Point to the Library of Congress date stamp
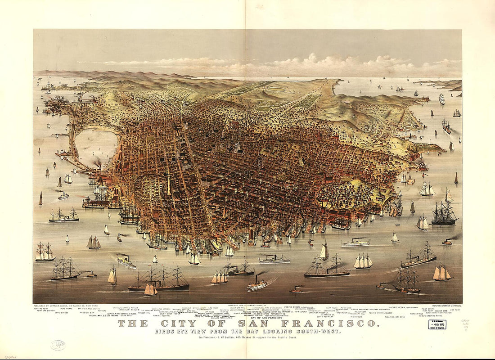tap(436, 324)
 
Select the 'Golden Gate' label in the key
tap(441, 310)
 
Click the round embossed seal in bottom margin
tap(58, 345)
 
